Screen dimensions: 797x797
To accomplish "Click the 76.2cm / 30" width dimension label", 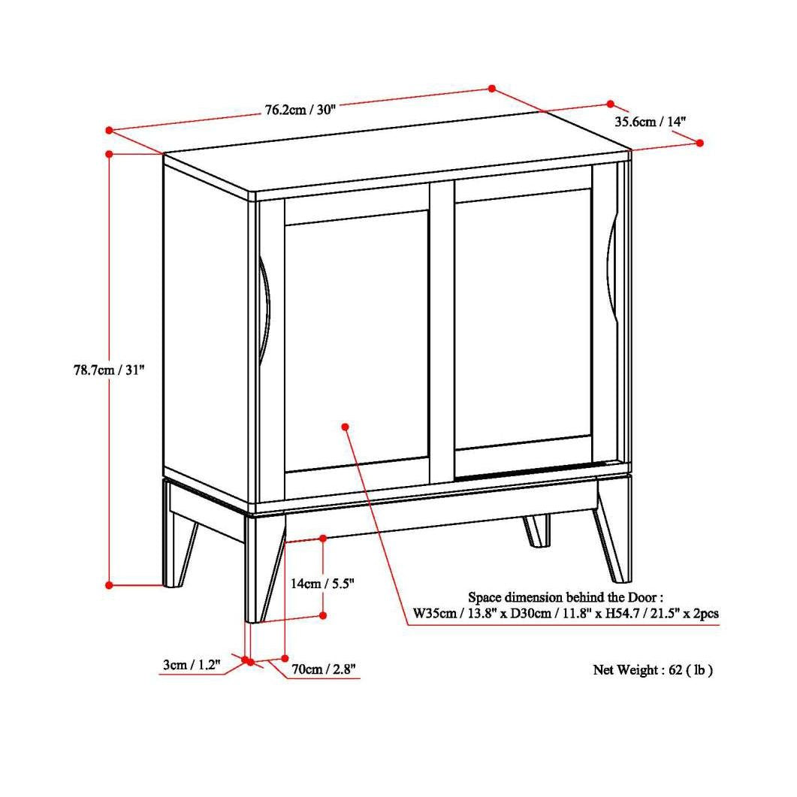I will [299, 110].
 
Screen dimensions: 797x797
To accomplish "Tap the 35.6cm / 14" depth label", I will [650, 121].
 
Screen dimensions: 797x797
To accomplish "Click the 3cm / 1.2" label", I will [191, 664].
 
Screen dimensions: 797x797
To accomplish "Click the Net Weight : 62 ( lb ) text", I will [653, 670].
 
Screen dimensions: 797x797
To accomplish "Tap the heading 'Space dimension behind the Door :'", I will [566, 598].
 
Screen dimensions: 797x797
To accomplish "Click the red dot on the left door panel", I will [345, 427].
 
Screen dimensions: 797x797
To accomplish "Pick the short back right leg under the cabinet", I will [536, 530].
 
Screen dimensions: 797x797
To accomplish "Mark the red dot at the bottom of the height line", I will [109, 584].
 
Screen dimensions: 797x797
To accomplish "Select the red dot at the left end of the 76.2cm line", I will [109, 130].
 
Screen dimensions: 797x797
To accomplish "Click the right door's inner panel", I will [523, 323].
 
